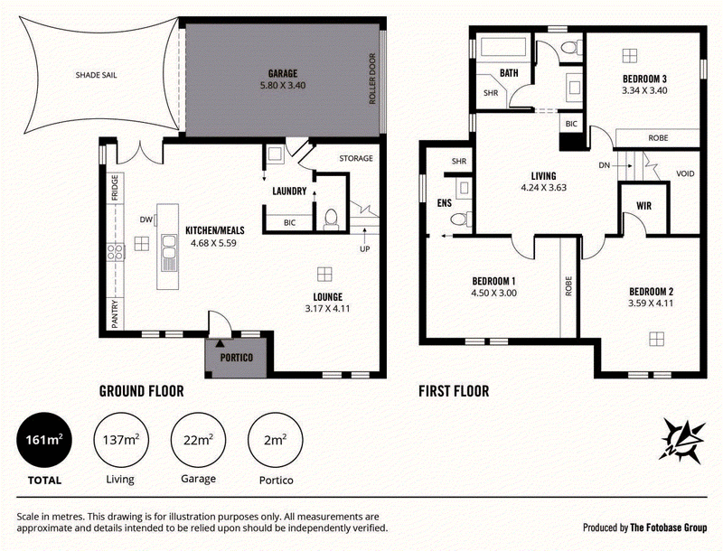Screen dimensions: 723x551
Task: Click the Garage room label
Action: (283, 73)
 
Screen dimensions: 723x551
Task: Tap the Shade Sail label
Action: (97, 75)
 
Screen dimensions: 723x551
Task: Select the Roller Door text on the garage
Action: (372, 79)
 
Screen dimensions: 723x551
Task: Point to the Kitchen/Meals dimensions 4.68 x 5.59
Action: (213, 243)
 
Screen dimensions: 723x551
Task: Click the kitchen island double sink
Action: (168, 254)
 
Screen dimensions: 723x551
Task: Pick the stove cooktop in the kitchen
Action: (116, 252)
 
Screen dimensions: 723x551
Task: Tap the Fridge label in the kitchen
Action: (115, 188)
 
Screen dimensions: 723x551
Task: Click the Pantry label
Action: (115, 314)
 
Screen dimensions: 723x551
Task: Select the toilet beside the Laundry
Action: (331, 219)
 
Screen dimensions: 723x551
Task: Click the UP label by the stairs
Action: (365, 249)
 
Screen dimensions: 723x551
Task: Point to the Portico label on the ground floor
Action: (237, 358)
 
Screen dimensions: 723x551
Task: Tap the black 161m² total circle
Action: (44, 440)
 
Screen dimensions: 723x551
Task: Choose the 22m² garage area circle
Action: (198, 440)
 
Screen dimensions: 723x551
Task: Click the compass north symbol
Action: (682, 441)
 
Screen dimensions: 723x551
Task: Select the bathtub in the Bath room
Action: (503, 48)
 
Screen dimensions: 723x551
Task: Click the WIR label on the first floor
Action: (643, 205)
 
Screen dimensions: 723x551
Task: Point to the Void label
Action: (685, 173)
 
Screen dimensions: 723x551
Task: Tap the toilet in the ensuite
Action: (461, 219)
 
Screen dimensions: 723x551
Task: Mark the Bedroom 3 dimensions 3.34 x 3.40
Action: (644, 90)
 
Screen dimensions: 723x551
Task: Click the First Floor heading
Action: (454, 392)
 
